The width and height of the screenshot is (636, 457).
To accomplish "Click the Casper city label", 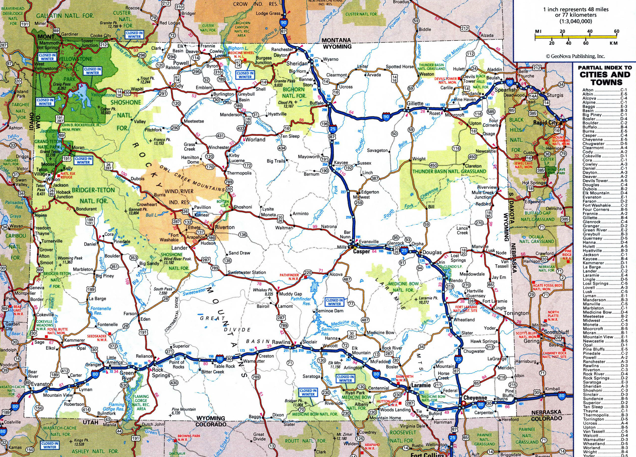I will pos(362,251).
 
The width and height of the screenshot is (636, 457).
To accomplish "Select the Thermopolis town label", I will pos(239,173).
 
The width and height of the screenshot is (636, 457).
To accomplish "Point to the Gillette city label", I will pos(415,103).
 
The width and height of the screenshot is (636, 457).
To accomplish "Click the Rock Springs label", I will pos(161,373).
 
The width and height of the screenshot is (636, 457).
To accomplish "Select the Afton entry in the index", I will pos(588,90).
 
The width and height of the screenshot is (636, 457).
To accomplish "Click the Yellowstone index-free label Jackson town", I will pos(60,185).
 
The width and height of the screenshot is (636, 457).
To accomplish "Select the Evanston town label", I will pos(42,384).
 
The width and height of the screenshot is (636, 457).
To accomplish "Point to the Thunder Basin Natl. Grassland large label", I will pos(449,171).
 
